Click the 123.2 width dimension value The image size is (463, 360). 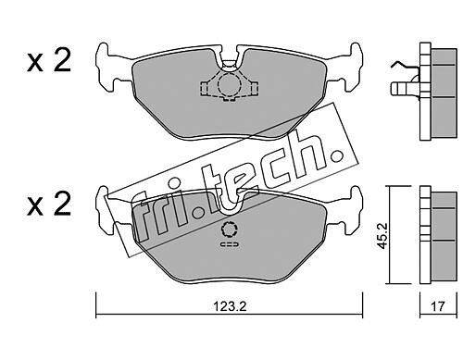[x=230, y=307]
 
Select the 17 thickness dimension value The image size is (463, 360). [x=438, y=306]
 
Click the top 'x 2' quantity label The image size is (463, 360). [x=49, y=61]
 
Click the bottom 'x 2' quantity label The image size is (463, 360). [x=49, y=205]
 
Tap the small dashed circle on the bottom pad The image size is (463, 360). [x=229, y=230]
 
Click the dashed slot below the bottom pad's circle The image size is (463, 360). [x=230, y=244]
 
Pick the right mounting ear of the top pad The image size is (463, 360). [x=349, y=68]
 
